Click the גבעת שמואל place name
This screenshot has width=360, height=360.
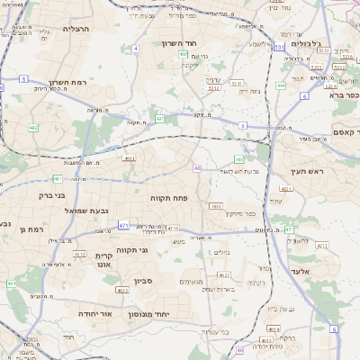[x=86, y=210]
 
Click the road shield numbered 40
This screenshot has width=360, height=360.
[x=197, y=167]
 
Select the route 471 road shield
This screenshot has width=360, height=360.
[x=122, y=225]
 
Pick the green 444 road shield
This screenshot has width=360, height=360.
[x=281, y=85]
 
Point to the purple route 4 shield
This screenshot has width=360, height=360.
[x=136, y=48]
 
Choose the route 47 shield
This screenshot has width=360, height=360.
[x=289, y=230]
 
